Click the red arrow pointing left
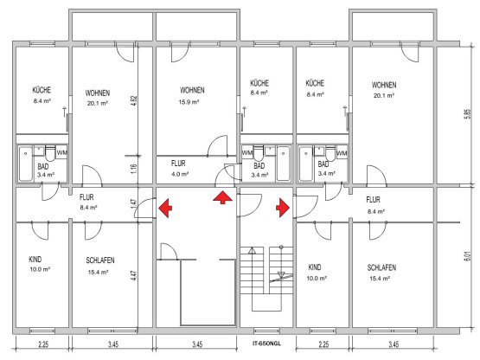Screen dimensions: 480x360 click(x=165, y=208)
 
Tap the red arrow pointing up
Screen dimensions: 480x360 click(x=222, y=197)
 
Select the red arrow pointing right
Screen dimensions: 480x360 click(x=283, y=208)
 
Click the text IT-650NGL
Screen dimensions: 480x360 click(x=266, y=344)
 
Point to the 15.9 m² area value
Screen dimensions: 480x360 click(x=189, y=102)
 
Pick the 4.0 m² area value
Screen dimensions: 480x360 click(x=180, y=174)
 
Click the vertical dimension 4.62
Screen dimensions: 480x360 click(x=134, y=101)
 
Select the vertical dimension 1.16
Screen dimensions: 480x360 click(x=134, y=170)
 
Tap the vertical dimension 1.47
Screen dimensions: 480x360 click(x=134, y=203)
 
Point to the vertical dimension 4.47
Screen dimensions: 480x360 click(x=134, y=275)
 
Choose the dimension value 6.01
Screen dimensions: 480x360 click(x=467, y=256)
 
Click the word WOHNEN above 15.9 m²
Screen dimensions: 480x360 click(x=192, y=90)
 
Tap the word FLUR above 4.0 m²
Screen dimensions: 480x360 click(x=178, y=164)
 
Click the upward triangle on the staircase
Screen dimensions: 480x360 click(x=252, y=251)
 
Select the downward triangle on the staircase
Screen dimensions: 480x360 click(x=281, y=274)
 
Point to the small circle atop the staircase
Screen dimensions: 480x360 click(x=281, y=247)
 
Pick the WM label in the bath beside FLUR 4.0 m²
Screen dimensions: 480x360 click(x=246, y=152)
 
